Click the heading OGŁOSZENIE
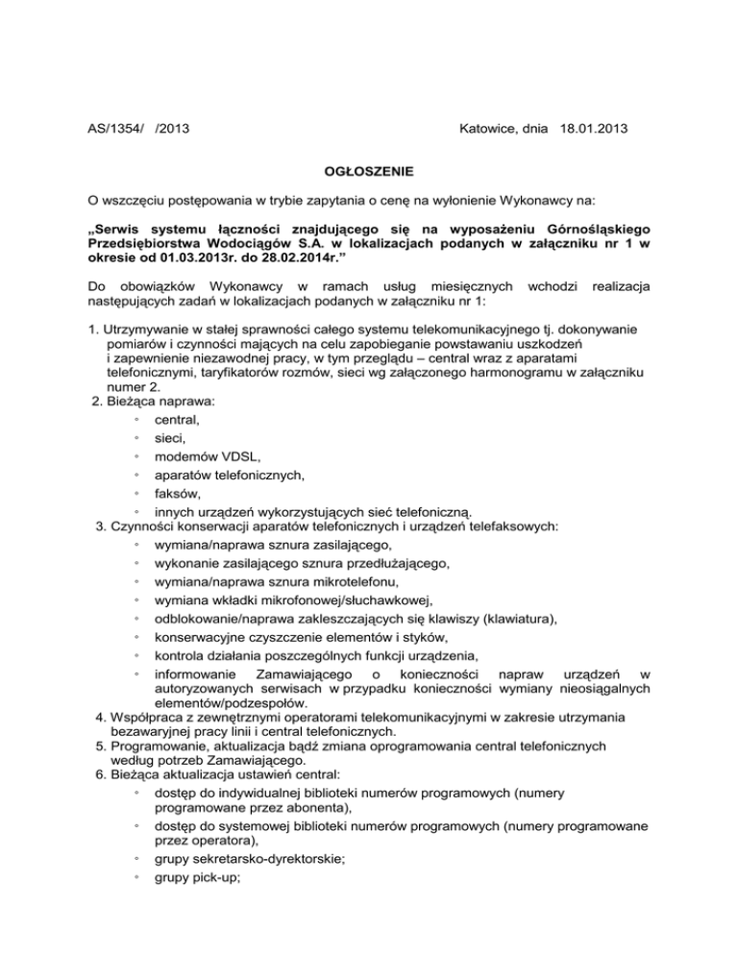[x=368, y=173]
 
